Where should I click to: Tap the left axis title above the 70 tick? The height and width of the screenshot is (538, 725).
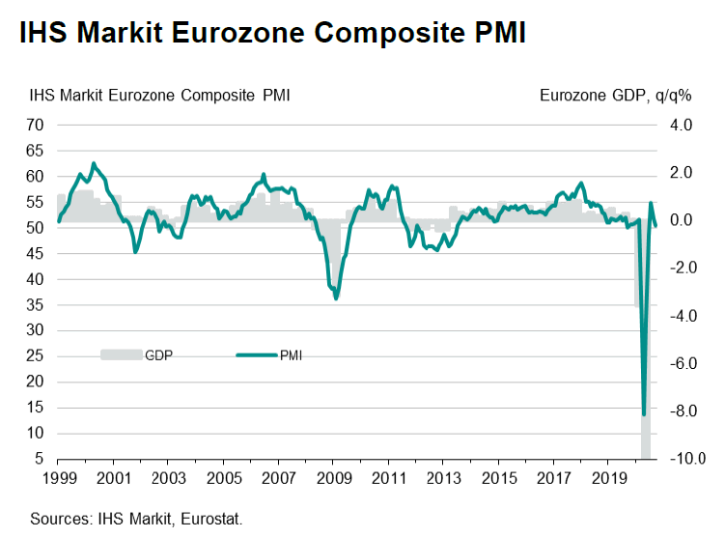(160, 95)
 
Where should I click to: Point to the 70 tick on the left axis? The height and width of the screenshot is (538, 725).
(35, 125)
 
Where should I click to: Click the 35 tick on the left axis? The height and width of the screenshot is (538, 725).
(35, 304)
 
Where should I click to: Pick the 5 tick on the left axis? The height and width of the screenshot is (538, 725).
(39, 459)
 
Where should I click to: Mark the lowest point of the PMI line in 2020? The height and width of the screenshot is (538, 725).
(644, 414)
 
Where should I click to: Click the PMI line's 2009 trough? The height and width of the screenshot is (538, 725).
(336, 298)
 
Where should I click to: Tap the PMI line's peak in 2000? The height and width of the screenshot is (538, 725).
(94, 163)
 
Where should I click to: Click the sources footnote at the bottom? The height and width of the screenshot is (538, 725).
(136, 519)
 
